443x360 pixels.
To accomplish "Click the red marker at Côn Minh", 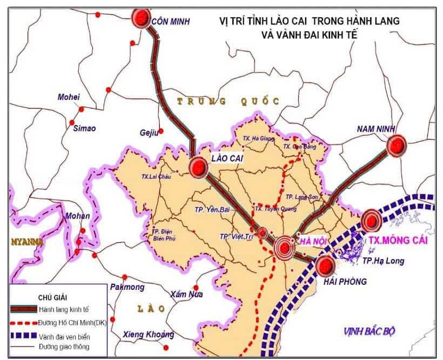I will (142, 18).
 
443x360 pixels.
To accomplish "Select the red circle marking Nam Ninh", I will (397, 145).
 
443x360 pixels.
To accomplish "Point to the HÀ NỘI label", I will (312, 241).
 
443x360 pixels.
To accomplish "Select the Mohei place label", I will (69, 97).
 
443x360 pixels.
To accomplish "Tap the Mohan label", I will (77, 216).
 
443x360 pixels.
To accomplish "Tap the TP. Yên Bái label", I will (212, 209).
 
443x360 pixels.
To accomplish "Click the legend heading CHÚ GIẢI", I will (53, 297).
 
